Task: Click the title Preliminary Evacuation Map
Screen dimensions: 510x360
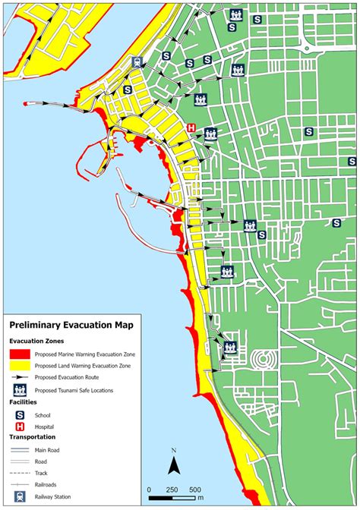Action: pyautogui.click(x=71, y=326)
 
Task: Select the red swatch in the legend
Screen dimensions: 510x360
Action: pyautogui.click(x=21, y=354)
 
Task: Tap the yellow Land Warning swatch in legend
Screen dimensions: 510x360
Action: pyautogui.click(x=21, y=366)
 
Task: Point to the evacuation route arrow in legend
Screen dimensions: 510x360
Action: pyautogui.click(x=21, y=377)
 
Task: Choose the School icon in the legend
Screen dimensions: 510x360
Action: pyautogui.click(x=21, y=415)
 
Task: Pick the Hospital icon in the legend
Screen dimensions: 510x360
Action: pyautogui.click(x=21, y=427)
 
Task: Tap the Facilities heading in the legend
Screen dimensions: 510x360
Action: pyautogui.click(x=23, y=402)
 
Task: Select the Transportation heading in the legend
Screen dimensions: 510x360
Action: pyautogui.click(x=33, y=438)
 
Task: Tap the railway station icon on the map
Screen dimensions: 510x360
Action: pyautogui.click(x=135, y=63)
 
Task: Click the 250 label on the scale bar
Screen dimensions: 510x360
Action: pyautogui.click(x=172, y=489)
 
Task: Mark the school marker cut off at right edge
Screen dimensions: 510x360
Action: pyautogui.click(x=353, y=161)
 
